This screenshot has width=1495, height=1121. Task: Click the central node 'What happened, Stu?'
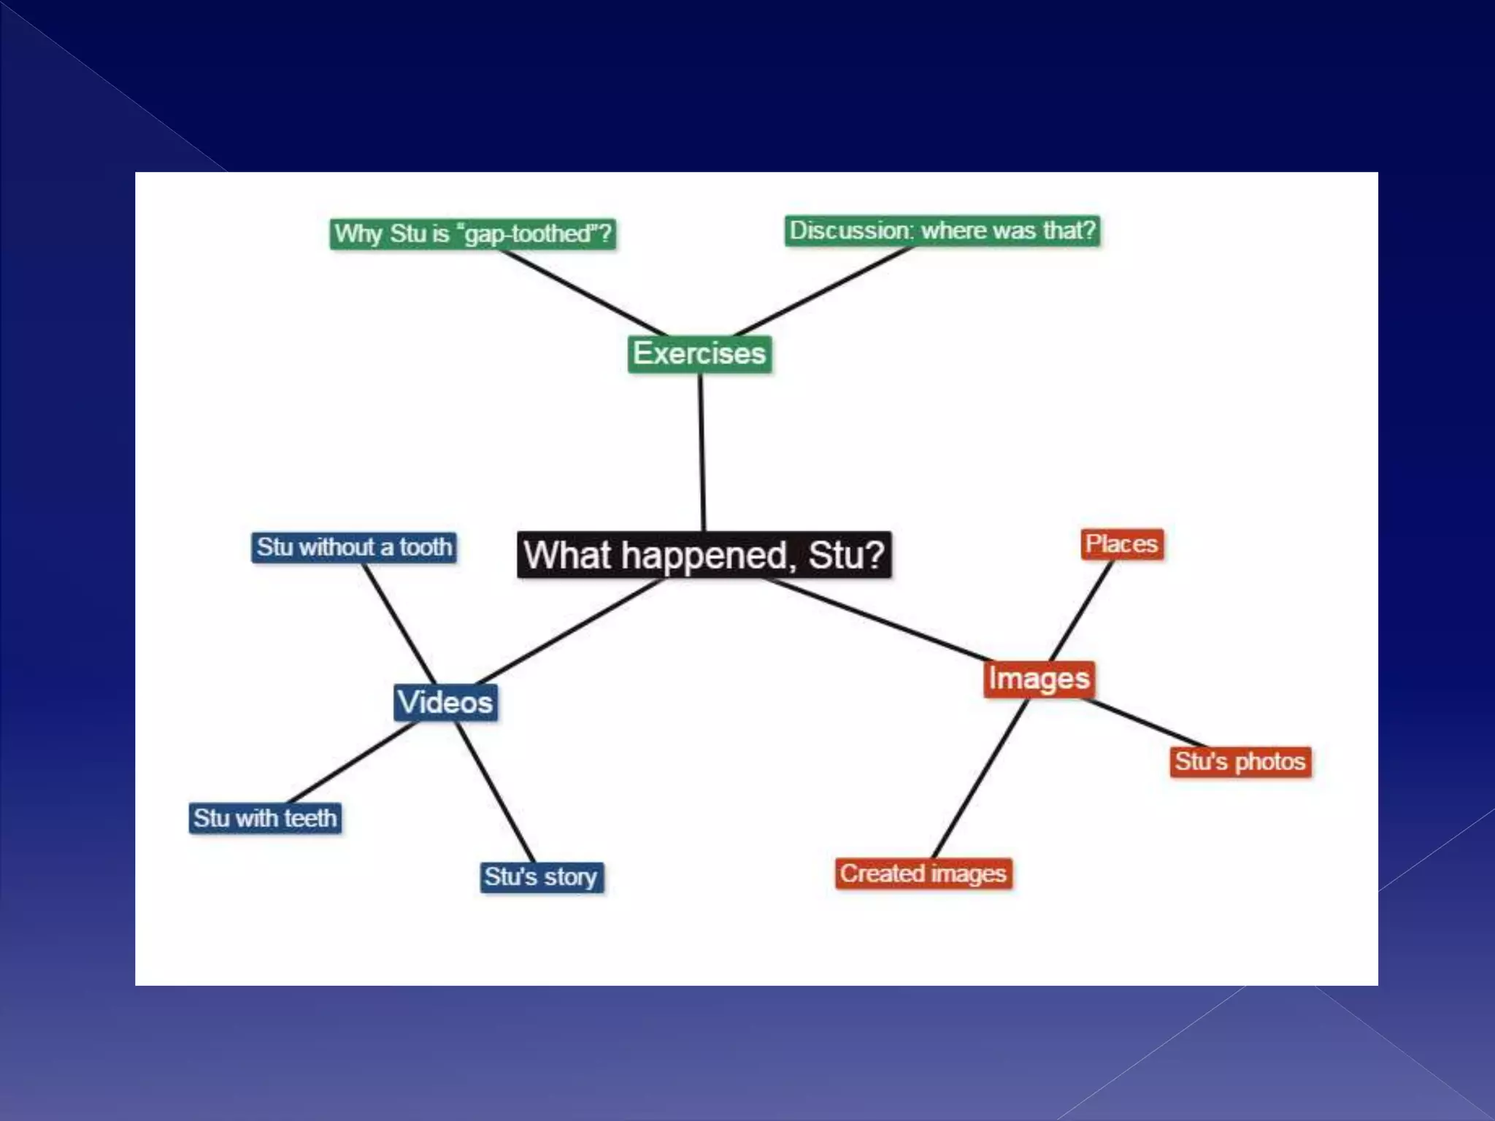click(x=704, y=555)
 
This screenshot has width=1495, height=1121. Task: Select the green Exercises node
click(x=699, y=354)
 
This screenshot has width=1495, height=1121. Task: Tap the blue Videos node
click(x=445, y=702)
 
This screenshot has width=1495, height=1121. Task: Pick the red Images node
click(x=1039, y=679)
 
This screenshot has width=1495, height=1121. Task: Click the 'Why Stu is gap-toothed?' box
click(x=472, y=234)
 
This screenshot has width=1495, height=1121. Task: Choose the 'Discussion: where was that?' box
click(x=942, y=231)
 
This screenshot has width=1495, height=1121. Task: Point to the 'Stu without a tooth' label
click(x=354, y=547)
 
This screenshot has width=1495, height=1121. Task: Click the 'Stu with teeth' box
click(x=265, y=818)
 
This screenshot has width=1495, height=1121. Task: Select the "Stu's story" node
click(x=541, y=877)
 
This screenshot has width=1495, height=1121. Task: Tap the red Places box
click(x=1121, y=544)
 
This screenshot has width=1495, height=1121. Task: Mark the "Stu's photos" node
click(x=1240, y=762)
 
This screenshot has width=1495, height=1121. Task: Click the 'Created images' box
click(x=923, y=874)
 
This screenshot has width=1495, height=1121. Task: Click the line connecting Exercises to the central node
click(x=702, y=452)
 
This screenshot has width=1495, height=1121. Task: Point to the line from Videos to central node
click(x=569, y=632)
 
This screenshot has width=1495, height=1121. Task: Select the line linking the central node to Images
click(x=876, y=620)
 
